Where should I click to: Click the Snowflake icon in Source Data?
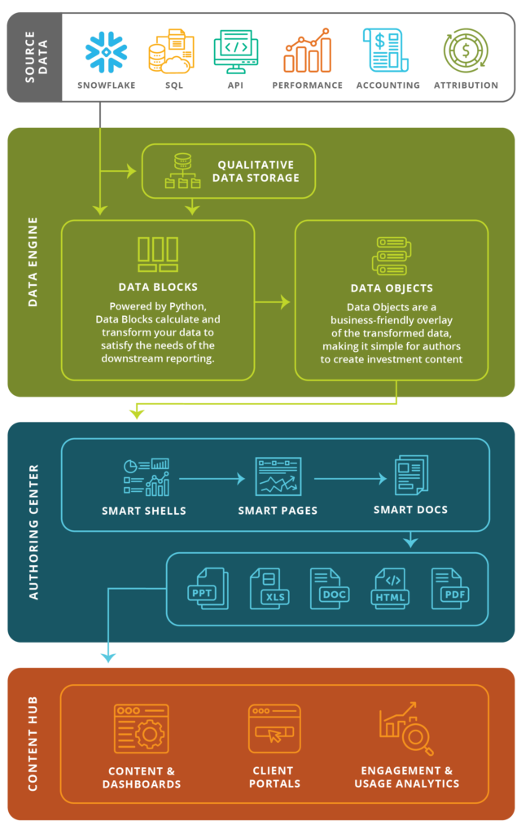[106, 51]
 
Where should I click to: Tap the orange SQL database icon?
[170, 50]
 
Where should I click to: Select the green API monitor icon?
[236, 50]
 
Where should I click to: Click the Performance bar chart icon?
[307, 50]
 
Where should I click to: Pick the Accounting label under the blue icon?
[387, 85]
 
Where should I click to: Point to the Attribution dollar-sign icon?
[466, 50]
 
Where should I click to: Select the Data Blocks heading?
[158, 287]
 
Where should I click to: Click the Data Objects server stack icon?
[390, 256]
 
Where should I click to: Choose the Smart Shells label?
[144, 511]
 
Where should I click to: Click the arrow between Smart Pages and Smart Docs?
[349, 479]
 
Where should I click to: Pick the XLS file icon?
[269, 589]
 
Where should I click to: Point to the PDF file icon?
[451, 589]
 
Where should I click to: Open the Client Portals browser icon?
[274, 729]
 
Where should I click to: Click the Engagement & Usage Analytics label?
[406, 777]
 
